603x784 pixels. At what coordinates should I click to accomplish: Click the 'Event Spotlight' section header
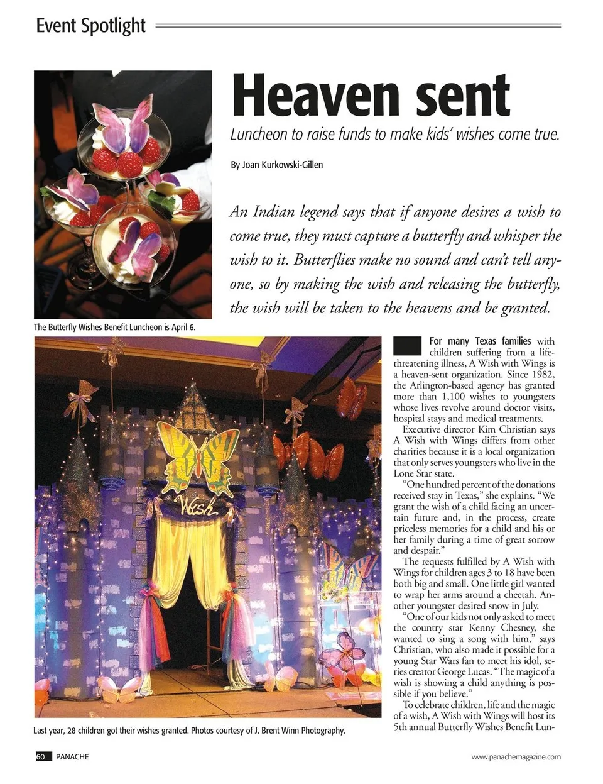pyautogui.click(x=90, y=26)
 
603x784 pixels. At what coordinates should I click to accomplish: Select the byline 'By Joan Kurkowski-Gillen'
pyautogui.click(x=276, y=165)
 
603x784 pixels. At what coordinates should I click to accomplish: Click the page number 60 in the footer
pyautogui.click(x=40, y=756)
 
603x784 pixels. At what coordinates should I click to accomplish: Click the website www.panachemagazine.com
pyautogui.click(x=516, y=757)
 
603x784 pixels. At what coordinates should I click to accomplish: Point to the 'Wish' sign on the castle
pyautogui.click(x=197, y=505)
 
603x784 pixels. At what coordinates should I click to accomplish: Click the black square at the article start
pyautogui.click(x=407, y=346)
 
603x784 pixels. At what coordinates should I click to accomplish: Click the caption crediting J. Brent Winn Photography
pyautogui.click(x=189, y=731)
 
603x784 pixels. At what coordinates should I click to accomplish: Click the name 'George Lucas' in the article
pyautogui.click(x=447, y=671)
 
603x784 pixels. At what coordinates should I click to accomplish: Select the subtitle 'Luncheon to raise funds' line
pyautogui.click(x=394, y=135)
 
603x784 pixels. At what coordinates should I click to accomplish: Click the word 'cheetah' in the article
pyautogui.click(x=519, y=594)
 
